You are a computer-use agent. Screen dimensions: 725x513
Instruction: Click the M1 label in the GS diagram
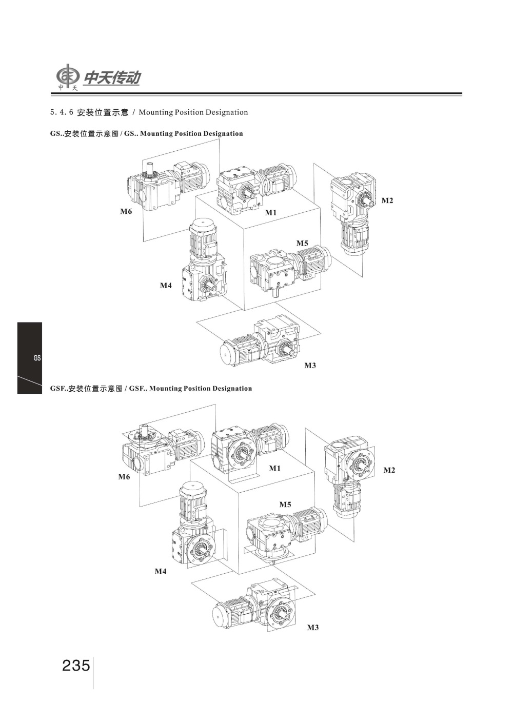coord(271,212)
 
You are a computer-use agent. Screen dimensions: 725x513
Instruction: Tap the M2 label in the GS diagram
coord(387,200)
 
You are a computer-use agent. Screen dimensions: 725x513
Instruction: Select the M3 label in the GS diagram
coord(310,366)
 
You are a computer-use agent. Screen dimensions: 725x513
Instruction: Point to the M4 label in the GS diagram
coord(165,286)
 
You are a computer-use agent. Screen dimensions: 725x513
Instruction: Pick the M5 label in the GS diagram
coord(302,243)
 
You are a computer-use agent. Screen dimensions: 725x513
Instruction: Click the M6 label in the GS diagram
coord(126,211)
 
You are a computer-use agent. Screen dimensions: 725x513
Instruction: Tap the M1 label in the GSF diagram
coord(275,468)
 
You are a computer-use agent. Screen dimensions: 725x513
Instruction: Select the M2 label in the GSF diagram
coord(389,470)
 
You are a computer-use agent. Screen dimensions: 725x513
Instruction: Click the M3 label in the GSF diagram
coord(312,628)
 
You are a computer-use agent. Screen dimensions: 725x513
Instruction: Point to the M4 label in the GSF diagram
coord(161,571)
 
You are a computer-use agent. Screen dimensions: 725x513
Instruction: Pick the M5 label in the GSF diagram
coord(285,505)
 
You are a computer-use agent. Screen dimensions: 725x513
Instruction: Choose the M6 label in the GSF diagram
coord(124,477)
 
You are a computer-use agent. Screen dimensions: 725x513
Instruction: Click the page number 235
coord(76,666)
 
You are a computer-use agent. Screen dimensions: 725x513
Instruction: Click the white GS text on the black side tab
coord(37,358)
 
